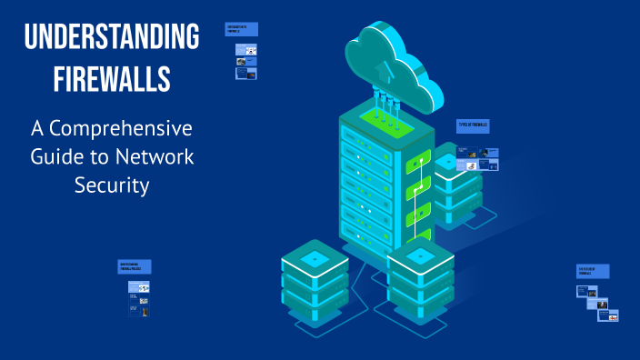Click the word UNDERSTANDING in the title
112,38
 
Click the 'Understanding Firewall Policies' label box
135,266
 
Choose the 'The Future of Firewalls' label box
593,271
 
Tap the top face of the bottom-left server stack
315,259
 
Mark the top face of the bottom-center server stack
420,257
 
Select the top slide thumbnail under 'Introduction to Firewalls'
245,49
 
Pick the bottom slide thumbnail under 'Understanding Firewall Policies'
138,310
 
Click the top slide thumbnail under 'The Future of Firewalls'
586,292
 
